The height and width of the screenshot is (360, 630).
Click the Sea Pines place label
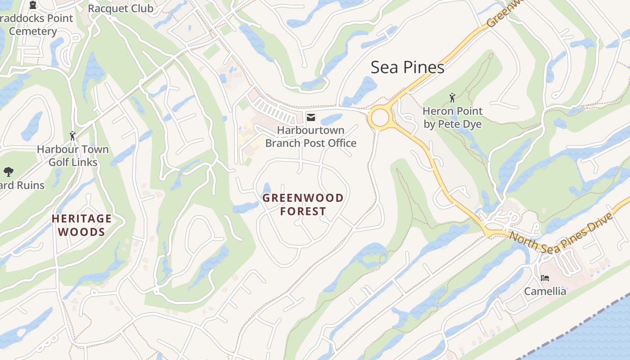[x=407, y=67]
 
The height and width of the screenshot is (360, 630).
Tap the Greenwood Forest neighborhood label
[x=303, y=204]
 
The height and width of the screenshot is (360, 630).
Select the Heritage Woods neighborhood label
[x=81, y=225]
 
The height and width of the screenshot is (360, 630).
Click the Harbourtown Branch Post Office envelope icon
[x=310, y=117]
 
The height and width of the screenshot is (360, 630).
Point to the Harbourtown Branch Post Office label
[x=310, y=137]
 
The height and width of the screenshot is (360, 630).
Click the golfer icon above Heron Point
[x=452, y=97]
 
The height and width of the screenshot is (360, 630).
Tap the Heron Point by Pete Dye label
[x=452, y=117]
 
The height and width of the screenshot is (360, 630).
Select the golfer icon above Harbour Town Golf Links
[x=72, y=135]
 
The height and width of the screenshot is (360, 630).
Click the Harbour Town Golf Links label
[x=72, y=156]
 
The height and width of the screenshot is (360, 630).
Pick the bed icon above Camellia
[x=544, y=278]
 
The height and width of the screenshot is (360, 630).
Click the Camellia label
[x=545, y=291]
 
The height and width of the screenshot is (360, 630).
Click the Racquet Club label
[x=120, y=9]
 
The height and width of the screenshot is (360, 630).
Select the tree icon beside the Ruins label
[x=8, y=171]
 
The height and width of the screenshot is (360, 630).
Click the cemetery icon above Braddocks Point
[x=32, y=5]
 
